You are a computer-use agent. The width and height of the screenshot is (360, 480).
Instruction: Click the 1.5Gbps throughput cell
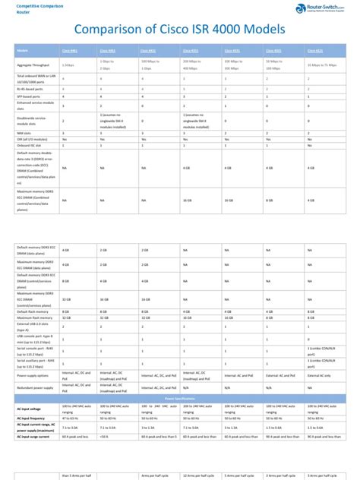(68, 65)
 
